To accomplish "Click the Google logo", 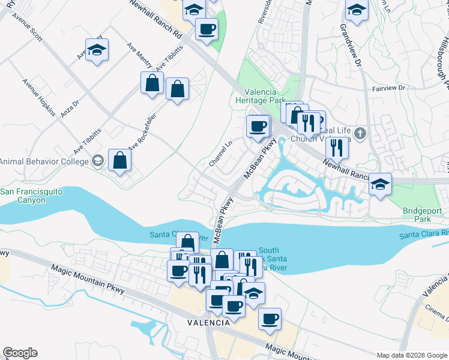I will click(x=20, y=353).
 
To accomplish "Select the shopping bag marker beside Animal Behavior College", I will click(x=120, y=160).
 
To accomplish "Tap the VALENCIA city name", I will click(x=208, y=323).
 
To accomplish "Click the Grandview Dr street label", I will click(x=351, y=46).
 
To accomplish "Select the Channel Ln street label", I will click(x=220, y=154).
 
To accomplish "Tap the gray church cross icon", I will click(x=360, y=133).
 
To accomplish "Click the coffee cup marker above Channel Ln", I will click(x=258, y=126).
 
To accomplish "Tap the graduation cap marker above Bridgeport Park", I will click(x=379, y=184).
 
